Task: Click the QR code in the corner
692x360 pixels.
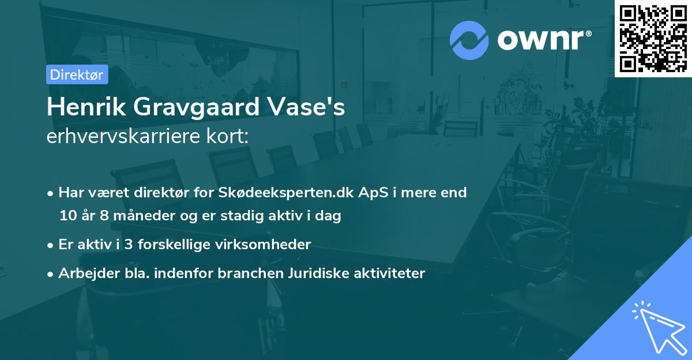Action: [x=653, y=38]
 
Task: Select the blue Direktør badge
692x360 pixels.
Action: [x=77, y=74]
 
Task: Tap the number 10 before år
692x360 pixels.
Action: [x=67, y=216]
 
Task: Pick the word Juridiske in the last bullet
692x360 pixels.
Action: [x=315, y=273]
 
